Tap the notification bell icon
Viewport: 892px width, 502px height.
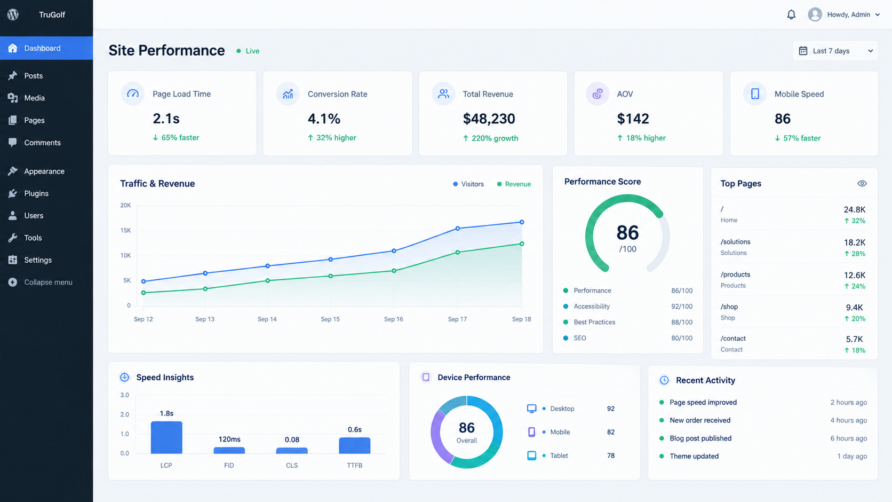(791, 15)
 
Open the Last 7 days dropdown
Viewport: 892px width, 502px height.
(835, 51)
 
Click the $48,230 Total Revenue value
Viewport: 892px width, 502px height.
(489, 119)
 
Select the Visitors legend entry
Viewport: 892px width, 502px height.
(468, 184)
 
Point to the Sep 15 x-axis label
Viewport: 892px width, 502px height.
(330, 319)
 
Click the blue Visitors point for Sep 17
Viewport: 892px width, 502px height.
(458, 229)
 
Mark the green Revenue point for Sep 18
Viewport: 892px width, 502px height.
(522, 244)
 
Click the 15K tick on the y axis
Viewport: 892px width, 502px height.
(125, 231)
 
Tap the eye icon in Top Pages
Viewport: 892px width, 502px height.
(862, 183)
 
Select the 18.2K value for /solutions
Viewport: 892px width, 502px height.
(854, 242)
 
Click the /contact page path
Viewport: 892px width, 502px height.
(732, 339)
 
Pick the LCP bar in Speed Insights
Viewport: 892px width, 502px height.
(166, 437)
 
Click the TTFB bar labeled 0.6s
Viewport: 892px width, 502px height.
(354, 445)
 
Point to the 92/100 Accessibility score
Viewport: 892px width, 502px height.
(682, 306)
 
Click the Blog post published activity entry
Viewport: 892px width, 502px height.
(700, 438)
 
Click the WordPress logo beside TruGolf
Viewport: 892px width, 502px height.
(13, 15)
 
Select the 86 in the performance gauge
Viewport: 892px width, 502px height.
(627, 232)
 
